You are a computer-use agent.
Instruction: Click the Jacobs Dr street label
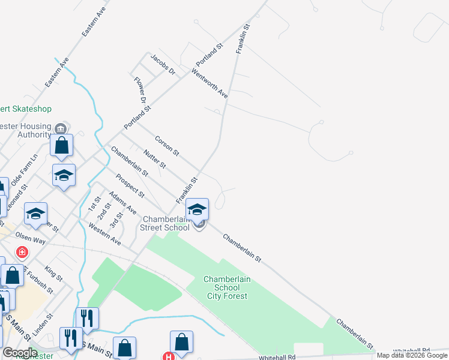(162, 64)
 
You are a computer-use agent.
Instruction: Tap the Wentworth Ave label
(209, 83)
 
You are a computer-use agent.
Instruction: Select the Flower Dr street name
(140, 89)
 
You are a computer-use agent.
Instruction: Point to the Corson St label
(167, 145)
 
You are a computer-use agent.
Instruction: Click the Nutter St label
(154, 159)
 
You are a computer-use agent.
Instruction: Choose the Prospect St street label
(130, 186)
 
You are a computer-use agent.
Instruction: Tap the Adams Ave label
(122, 203)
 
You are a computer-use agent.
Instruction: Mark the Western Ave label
(104, 234)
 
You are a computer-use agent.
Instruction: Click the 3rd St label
(116, 219)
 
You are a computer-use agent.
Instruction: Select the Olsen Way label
(31, 239)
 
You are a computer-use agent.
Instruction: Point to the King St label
(53, 274)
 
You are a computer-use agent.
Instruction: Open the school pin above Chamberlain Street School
(197, 209)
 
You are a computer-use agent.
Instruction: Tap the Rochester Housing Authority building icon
(61, 128)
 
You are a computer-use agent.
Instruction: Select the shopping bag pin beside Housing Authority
(62, 145)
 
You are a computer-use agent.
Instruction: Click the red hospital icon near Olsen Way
(22, 252)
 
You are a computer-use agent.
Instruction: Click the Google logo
(20, 352)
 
